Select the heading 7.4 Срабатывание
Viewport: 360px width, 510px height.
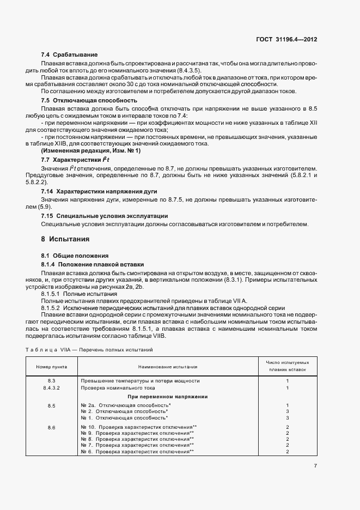pos(70,55)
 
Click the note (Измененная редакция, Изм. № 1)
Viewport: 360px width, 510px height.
pos(90,150)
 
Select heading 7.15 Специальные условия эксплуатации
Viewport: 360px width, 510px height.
pos(105,216)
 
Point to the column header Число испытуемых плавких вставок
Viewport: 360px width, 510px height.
pos(286,366)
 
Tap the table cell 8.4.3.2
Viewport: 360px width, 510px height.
pos(52,388)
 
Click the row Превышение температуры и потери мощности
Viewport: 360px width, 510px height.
pos(140,380)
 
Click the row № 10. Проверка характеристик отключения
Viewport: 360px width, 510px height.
pos(138,427)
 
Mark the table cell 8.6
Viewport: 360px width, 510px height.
pos(52,427)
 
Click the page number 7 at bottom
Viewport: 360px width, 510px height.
pos(315,465)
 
